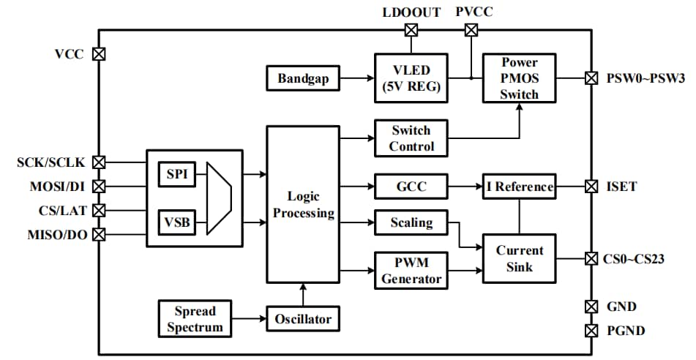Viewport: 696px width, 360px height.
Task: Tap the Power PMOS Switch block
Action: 519,78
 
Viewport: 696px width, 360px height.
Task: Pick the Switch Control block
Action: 411,138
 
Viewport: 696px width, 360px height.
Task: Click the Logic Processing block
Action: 302,205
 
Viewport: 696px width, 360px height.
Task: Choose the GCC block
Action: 411,187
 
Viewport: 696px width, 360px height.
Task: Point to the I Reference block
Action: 520,187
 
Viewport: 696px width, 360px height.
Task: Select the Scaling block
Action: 411,222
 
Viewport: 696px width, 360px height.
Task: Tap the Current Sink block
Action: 520,258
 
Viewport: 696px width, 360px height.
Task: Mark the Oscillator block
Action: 303,319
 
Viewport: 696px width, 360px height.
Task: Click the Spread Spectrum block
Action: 194,318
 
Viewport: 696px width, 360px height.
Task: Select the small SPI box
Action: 176,174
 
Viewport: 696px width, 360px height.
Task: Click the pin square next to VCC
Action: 99,54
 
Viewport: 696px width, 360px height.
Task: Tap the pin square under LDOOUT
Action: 411,30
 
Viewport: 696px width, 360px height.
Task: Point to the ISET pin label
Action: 621,187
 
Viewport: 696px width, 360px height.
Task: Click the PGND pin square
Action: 591,331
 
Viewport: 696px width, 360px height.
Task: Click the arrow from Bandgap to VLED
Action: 358,78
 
